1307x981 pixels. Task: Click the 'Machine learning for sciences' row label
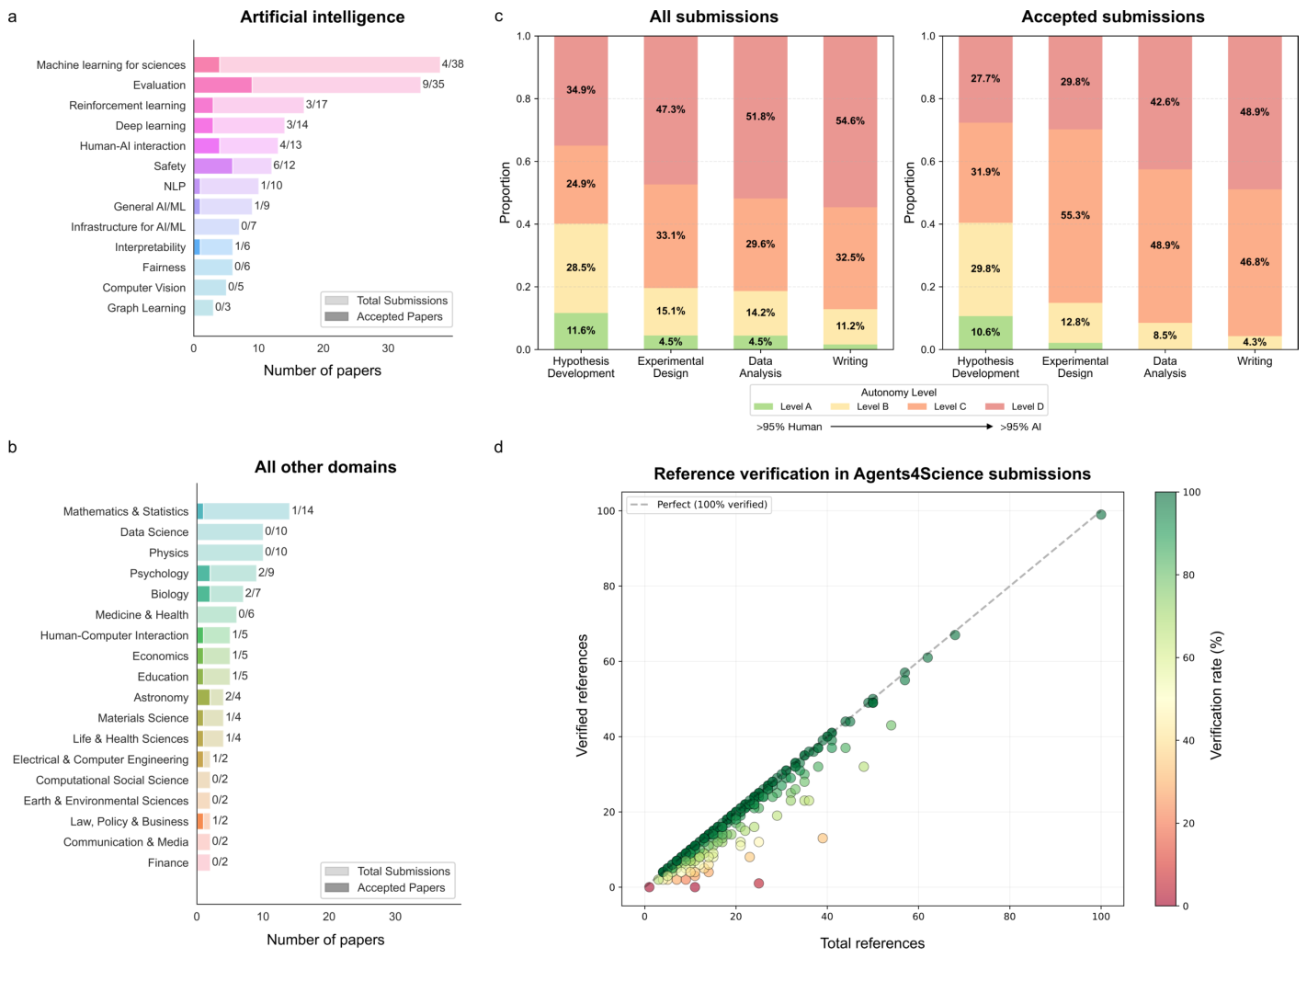pyautogui.click(x=110, y=65)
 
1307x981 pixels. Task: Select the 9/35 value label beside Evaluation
pyautogui.click(x=433, y=85)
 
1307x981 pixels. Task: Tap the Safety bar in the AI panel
pyautogui.click(x=232, y=166)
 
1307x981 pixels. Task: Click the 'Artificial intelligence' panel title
pyautogui.click(x=322, y=17)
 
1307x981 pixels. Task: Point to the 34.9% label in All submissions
pyautogui.click(x=581, y=90)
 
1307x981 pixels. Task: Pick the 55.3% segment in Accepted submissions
pyautogui.click(x=1074, y=215)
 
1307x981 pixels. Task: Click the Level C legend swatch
pyautogui.click(x=917, y=406)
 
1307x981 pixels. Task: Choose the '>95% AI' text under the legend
pyautogui.click(x=1020, y=427)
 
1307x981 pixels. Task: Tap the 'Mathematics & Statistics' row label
pyautogui.click(x=125, y=511)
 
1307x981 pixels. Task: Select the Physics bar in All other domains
pyautogui.click(x=230, y=553)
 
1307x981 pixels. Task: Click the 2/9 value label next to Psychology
pyautogui.click(x=266, y=573)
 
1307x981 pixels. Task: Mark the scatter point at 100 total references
pyautogui.click(x=1101, y=515)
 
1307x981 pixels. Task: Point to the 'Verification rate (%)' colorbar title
pyautogui.click(x=1217, y=694)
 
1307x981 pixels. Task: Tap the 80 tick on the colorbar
pyautogui.click(x=1188, y=576)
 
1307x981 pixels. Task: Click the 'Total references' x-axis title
pyautogui.click(x=871, y=943)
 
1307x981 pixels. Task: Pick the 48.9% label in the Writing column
pyautogui.click(x=1254, y=112)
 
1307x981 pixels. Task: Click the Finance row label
pyautogui.click(x=168, y=863)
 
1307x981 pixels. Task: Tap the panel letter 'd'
pyautogui.click(x=498, y=448)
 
